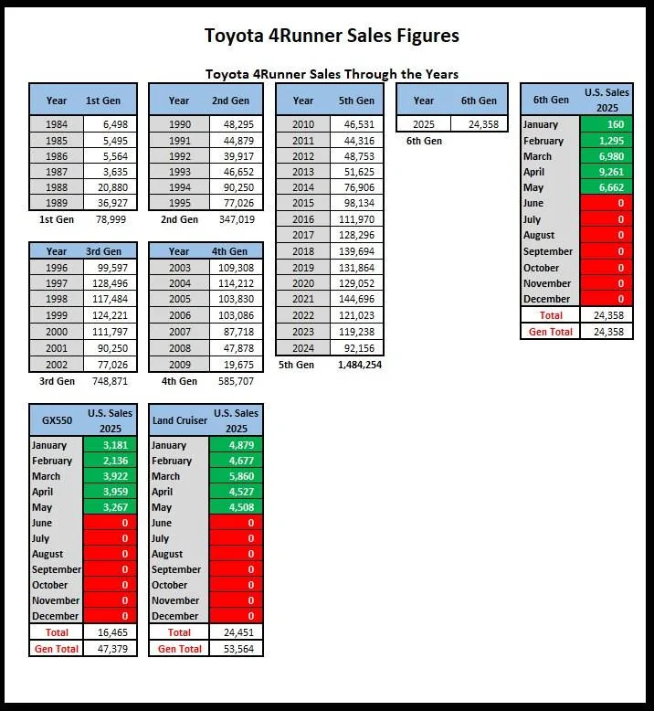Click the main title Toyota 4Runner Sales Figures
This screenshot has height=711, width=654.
pyautogui.click(x=332, y=37)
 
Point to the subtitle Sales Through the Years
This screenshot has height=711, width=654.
pyautogui.click(x=332, y=74)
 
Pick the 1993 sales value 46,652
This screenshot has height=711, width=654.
pyautogui.click(x=237, y=172)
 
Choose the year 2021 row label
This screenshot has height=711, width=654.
pyautogui.click(x=303, y=299)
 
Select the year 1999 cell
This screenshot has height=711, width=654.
pyautogui.click(x=57, y=314)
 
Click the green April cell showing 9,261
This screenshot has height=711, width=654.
pyautogui.click(x=607, y=172)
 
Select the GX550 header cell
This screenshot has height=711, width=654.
pyautogui.click(x=57, y=420)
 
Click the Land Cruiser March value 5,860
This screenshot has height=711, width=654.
pyautogui.click(x=237, y=476)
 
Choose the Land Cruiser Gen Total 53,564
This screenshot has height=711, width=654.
pyautogui.click(x=237, y=648)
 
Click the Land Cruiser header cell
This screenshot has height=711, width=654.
pyautogui.click(x=179, y=420)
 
